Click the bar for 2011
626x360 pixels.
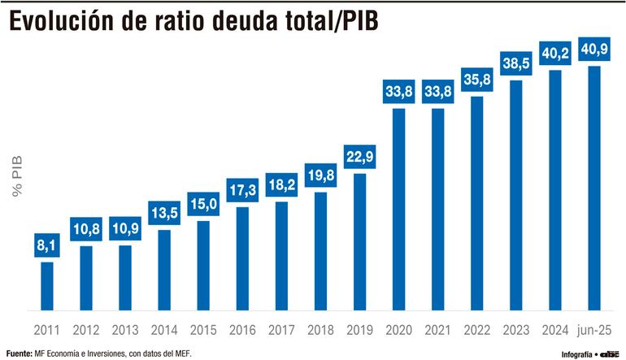(x=47, y=285)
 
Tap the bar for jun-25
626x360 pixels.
(x=594, y=188)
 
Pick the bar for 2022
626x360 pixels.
(x=477, y=203)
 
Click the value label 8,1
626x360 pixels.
(x=47, y=245)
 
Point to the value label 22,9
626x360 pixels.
(x=359, y=156)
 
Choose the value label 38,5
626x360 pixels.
(x=516, y=62)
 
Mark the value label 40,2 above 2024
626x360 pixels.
(x=555, y=53)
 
